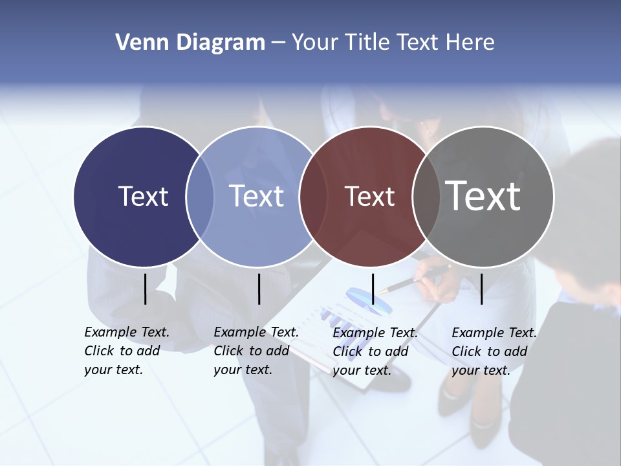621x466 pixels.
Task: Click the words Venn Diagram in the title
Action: coord(190,43)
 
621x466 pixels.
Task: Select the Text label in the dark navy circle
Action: coord(143,196)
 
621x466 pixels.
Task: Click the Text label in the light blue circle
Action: coord(257,196)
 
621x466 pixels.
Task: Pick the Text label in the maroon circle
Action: coord(369,197)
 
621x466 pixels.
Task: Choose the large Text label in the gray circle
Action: coord(483,195)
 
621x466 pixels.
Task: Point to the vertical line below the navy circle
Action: coord(145,289)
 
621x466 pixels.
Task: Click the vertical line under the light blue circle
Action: coord(259,289)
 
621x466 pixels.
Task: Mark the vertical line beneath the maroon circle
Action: coord(373,289)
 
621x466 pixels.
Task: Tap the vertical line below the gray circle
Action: coord(481,289)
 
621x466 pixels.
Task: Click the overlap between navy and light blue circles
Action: coord(200,196)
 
